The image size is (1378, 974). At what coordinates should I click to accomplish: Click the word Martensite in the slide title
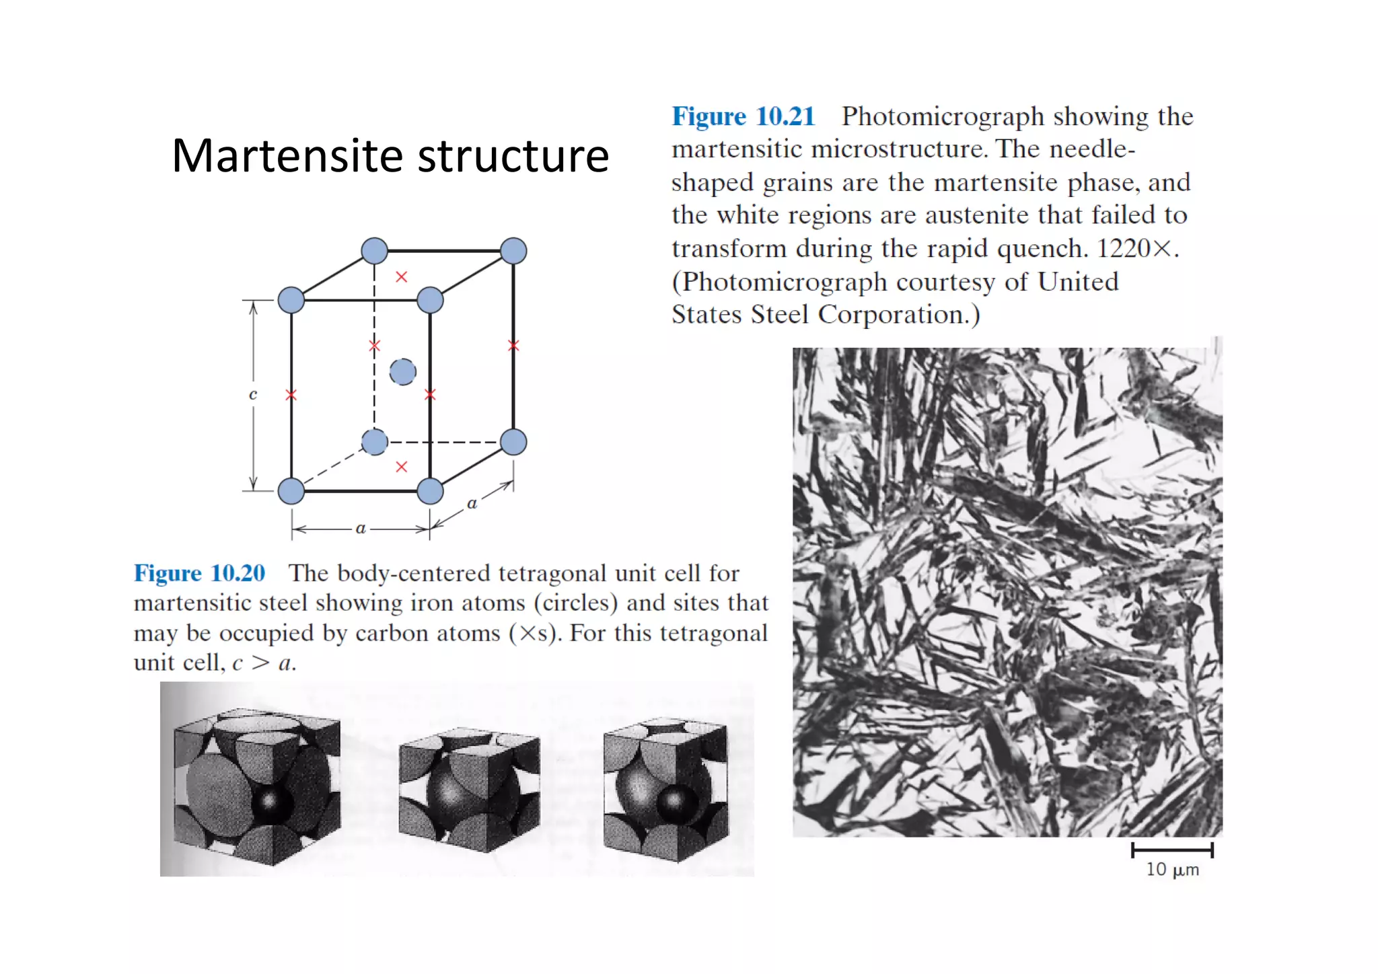(287, 156)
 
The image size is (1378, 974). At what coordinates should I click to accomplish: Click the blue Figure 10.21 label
(743, 116)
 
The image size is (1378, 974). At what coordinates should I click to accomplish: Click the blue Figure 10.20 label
(199, 573)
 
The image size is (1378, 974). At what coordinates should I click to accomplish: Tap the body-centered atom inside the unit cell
(402, 371)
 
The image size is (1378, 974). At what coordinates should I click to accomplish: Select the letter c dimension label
(253, 395)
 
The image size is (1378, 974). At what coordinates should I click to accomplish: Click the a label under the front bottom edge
(361, 529)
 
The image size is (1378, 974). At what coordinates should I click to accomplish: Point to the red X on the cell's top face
(402, 276)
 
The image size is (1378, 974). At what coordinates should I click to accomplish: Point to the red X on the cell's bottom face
(402, 466)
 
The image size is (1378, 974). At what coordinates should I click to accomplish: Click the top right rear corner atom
(513, 251)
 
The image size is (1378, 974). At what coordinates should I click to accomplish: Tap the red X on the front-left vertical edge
(291, 395)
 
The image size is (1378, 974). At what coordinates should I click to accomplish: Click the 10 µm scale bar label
(1172, 870)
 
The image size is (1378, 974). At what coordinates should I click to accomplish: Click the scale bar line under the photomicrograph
(1172, 850)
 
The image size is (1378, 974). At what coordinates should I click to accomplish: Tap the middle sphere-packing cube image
(469, 790)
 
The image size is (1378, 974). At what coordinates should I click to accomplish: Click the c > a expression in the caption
(263, 663)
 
